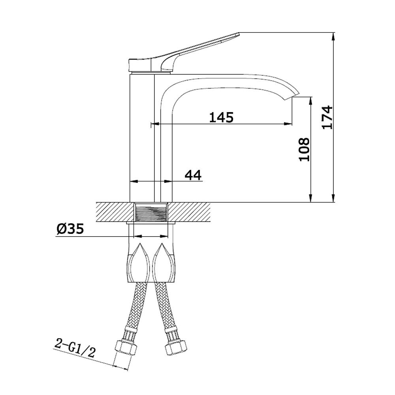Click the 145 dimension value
[222, 117]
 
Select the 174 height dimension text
[327, 118]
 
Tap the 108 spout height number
[304, 149]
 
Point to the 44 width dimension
[193, 175]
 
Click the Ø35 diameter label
[70, 229]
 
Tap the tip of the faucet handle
[238, 33]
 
